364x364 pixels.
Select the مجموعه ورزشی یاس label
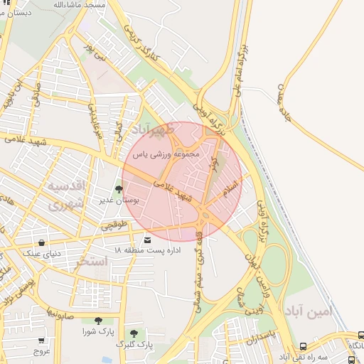coord(169,154)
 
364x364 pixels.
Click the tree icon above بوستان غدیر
coord(118,189)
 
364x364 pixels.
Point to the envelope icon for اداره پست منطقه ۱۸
coord(147,240)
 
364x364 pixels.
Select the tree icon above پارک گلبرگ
coord(134,333)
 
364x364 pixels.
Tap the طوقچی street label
coord(114,227)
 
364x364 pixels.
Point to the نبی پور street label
coord(95,55)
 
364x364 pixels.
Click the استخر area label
coord(93,261)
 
